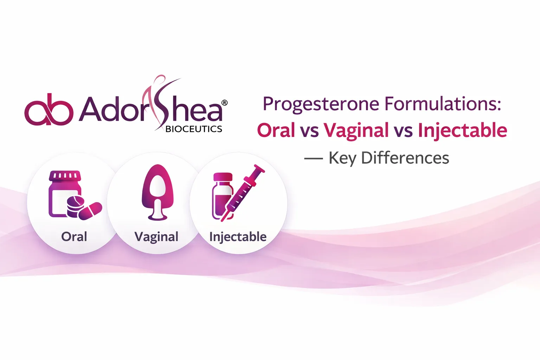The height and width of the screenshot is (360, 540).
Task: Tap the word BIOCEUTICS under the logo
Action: coord(194,129)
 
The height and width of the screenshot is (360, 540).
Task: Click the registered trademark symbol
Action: coord(224,103)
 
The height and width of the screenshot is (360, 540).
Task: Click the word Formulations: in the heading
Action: coord(443,104)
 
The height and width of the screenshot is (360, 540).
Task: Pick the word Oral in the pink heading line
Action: coord(276,130)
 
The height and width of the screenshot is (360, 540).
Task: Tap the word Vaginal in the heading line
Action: coord(356,130)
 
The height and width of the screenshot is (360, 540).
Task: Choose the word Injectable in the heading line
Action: coord(462,130)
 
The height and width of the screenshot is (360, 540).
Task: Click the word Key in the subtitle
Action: coord(342,158)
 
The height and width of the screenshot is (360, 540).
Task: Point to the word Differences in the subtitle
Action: coord(405,158)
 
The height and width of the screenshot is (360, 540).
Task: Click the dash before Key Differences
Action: coord(313,159)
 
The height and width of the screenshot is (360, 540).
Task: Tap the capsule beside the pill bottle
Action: coord(90,211)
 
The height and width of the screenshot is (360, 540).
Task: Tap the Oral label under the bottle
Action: coord(74,237)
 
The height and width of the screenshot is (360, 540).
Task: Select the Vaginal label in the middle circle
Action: coord(156,237)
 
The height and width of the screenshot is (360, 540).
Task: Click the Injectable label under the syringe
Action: coord(238,237)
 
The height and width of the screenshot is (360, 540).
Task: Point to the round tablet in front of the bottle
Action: coord(75,203)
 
